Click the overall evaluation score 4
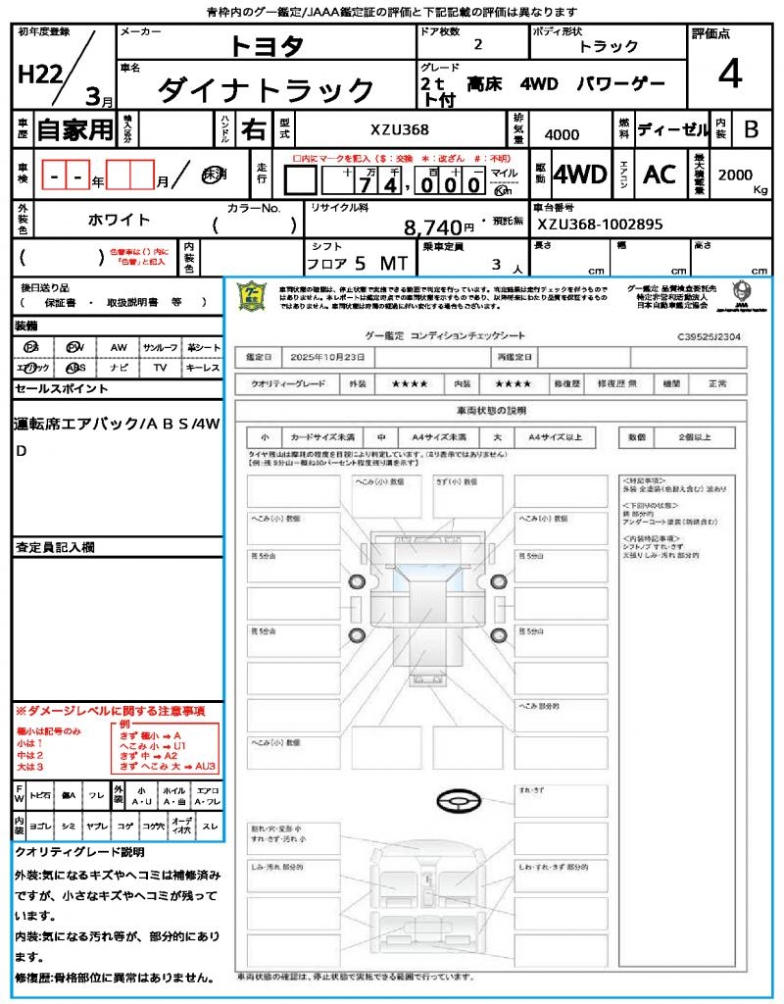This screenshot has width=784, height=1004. point(728,75)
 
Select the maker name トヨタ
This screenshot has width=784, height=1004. point(267,46)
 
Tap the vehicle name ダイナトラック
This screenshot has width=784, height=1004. point(267,90)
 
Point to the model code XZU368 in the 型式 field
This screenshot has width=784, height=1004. point(399,129)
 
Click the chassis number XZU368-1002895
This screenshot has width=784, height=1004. point(600,225)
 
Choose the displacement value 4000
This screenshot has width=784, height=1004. point(562,135)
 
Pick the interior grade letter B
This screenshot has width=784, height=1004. point(751,129)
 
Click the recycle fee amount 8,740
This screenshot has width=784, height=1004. point(432,227)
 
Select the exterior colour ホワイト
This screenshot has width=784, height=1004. point(121,219)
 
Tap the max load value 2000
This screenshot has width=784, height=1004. point(735,175)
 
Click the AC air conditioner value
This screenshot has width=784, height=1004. point(660,175)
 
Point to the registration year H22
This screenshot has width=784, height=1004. point(38,75)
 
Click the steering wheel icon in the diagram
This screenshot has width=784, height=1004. point(458,802)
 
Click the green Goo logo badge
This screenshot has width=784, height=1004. point(251,296)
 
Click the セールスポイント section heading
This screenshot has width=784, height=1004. point(62,389)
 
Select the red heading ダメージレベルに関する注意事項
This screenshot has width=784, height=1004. point(110,710)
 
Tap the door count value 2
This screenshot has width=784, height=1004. point(477,45)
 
